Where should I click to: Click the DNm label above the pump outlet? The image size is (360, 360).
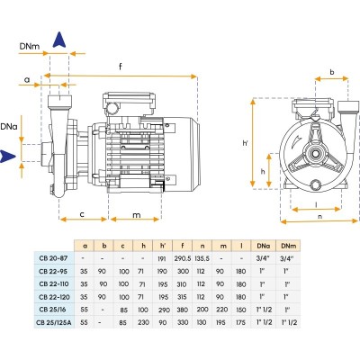[30, 47]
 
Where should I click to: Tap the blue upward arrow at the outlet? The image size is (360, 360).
[59, 40]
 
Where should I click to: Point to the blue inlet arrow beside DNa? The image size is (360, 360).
[7, 156]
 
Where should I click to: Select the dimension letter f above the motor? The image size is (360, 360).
[121, 66]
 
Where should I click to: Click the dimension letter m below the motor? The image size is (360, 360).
[137, 215]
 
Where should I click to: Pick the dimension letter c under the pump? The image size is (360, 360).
[82, 215]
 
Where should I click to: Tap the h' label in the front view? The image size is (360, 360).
[246, 143]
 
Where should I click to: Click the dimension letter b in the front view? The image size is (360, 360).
[332, 72]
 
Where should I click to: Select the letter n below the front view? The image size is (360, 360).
[319, 216]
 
